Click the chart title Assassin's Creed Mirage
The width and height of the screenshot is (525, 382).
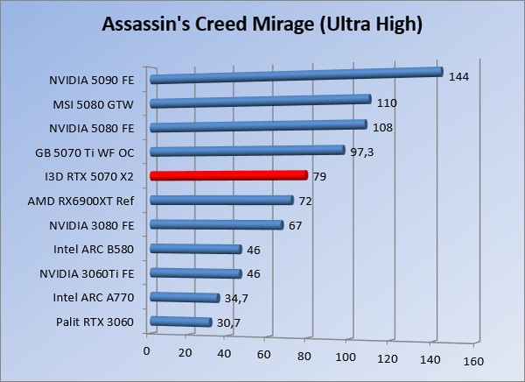click(x=262, y=25)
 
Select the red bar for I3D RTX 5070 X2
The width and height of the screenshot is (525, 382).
click(x=228, y=175)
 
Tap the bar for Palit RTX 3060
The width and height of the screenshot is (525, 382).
click(x=181, y=322)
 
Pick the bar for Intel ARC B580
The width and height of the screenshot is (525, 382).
click(x=196, y=250)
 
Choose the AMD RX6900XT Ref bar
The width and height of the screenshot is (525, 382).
click(x=221, y=201)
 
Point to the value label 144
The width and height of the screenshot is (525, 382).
click(x=458, y=77)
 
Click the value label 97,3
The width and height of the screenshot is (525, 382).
click(x=364, y=152)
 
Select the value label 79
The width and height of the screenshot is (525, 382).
click(x=319, y=177)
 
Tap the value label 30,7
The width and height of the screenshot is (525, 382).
click(x=230, y=323)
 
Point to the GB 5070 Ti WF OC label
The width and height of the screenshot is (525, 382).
click(x=85, y=152)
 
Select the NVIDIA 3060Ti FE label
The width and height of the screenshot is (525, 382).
click(x=87, y=273)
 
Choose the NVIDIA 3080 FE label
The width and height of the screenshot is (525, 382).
click(x=94, y=225)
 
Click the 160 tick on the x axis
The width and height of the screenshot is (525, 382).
click(x=473, y=360)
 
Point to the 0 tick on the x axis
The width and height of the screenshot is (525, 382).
click(x=146, y=352)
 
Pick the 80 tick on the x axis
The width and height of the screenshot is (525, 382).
click(x=304, y=356)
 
